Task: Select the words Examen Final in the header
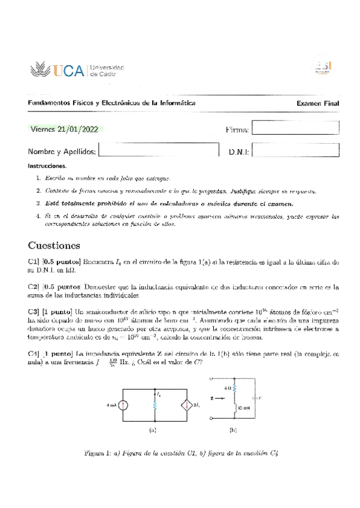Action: pos(318,104)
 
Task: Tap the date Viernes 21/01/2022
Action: pos(66,129)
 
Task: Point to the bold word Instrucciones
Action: pos(47,165)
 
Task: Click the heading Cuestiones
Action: pos(58,246)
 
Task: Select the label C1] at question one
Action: pos(34,262)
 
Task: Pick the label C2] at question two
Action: pos(34,288)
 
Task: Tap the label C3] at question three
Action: pos(34,312)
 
